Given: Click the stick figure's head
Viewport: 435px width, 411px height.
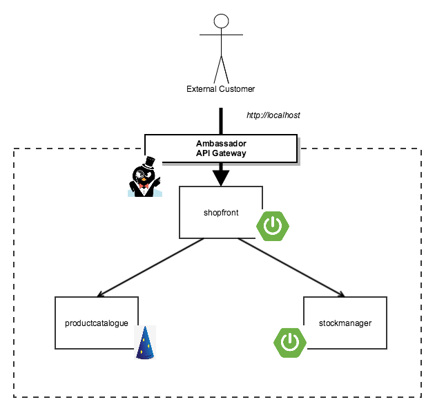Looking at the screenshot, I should click(x=221, y=21).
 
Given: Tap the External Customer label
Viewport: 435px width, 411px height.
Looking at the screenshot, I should click(x=221, y=88).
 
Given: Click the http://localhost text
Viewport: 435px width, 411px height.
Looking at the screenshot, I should click(x=273, y=115).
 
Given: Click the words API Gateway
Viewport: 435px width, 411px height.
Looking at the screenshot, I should click(x=221, y=153).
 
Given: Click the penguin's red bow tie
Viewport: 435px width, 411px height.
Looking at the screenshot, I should click(x=144, y=185).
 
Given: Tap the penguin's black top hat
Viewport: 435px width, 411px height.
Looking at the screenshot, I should click(x=148, y=164).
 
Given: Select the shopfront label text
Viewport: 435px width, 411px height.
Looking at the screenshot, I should click(x=221, y=213).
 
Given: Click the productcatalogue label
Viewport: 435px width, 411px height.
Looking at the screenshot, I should click(x=97, y=323).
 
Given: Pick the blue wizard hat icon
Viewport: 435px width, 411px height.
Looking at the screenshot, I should click(x=145, y=343).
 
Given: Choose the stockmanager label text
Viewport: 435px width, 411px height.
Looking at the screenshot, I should click(x=345, y=323).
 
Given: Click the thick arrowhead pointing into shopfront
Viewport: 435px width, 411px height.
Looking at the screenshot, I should click(x=221, y=178).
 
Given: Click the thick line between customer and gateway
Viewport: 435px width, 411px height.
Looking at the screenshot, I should click(x=221, y=120).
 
